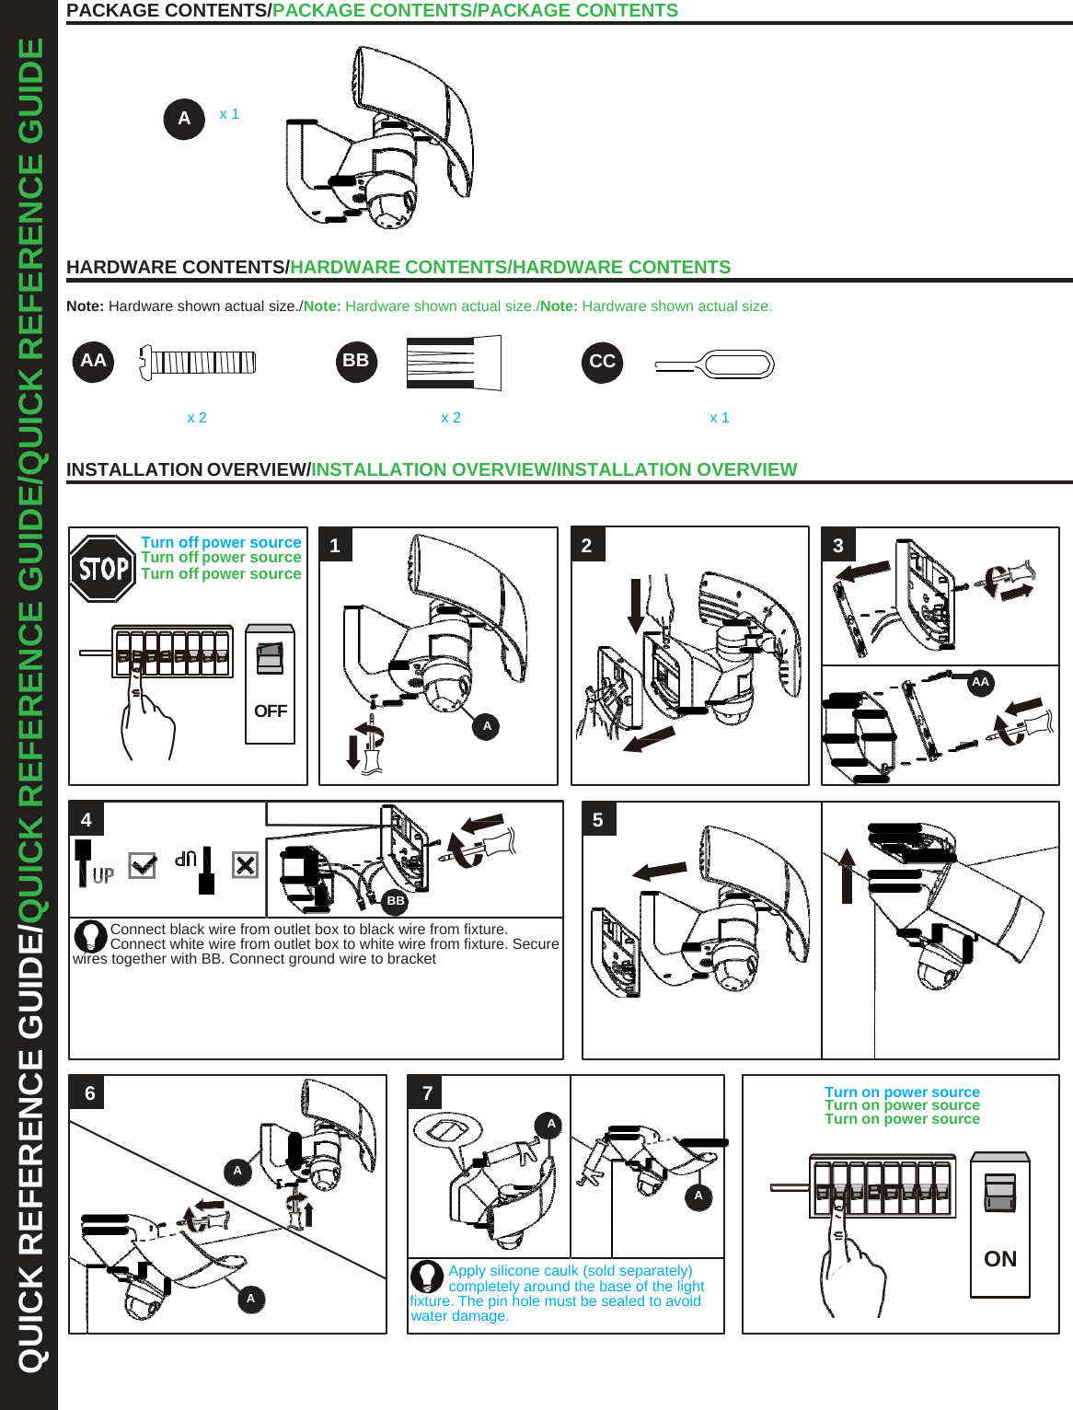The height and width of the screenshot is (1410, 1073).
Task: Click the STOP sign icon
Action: point(103,569)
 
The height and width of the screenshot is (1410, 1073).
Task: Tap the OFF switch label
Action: point(271,711)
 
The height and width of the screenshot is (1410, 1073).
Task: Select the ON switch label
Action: point(1000,1259)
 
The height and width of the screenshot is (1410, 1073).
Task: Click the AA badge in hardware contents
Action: point(93,361)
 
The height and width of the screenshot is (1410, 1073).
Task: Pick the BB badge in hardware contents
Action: point(356,361)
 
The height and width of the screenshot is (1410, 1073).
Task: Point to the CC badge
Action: point(602,362)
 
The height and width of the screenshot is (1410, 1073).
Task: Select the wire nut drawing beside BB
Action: point(454,363)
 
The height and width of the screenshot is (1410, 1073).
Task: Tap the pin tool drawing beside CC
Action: point(715,365)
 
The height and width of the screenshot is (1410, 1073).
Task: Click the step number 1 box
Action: point(335,546)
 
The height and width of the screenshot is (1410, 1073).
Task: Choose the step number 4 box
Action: point(87,820)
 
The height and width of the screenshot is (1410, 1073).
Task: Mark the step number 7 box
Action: point(427,1093)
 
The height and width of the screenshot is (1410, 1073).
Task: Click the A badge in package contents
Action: point(184,119)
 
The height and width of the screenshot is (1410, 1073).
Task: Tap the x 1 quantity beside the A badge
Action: point(229,114)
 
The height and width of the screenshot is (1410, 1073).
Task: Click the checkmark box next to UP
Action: point(142,865)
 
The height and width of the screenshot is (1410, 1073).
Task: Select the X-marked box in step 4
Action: point(245,865)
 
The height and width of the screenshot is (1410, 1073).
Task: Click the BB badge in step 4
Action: point(395,901)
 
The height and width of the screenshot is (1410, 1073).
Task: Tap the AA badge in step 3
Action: point(980,682)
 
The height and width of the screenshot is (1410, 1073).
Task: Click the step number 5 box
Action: point(598,820)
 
